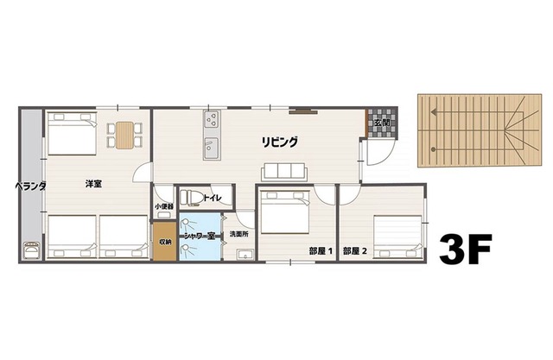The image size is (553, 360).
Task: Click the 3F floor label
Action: click(x=465, y=249)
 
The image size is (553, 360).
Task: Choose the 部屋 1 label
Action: click(x=321, y=251)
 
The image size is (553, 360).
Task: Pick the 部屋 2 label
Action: click(x=354, y=251)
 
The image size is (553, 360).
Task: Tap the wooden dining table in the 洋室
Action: click(x=126, y=135)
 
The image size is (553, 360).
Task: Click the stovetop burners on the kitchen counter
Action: click(x=212, y=119)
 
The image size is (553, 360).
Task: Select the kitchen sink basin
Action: click(x=212, y=148)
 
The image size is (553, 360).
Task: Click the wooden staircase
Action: click(x=472, y=129)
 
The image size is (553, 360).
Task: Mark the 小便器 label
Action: click(x=164, y=206)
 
